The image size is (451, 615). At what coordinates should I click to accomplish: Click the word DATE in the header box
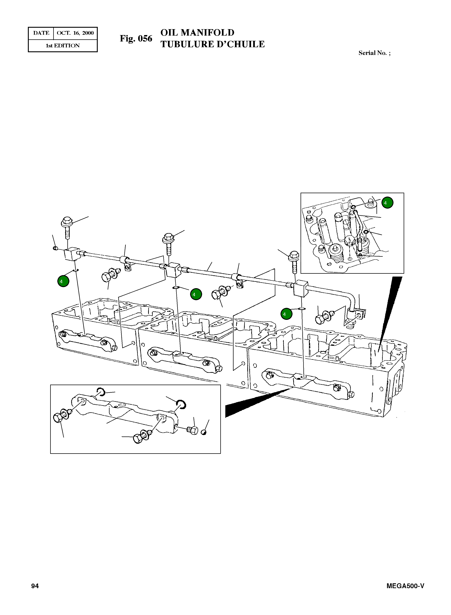[41, 33]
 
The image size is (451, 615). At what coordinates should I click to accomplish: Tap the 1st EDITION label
[63, 46]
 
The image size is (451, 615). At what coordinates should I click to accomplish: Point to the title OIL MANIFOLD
[197, 33]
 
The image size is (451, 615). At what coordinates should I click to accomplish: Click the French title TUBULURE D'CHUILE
[212, 44]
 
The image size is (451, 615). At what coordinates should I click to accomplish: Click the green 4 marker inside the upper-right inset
[387, 203]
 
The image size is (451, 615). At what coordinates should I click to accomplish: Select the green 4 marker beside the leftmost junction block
[63, 281]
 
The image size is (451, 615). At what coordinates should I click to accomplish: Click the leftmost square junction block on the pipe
[72, 254]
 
